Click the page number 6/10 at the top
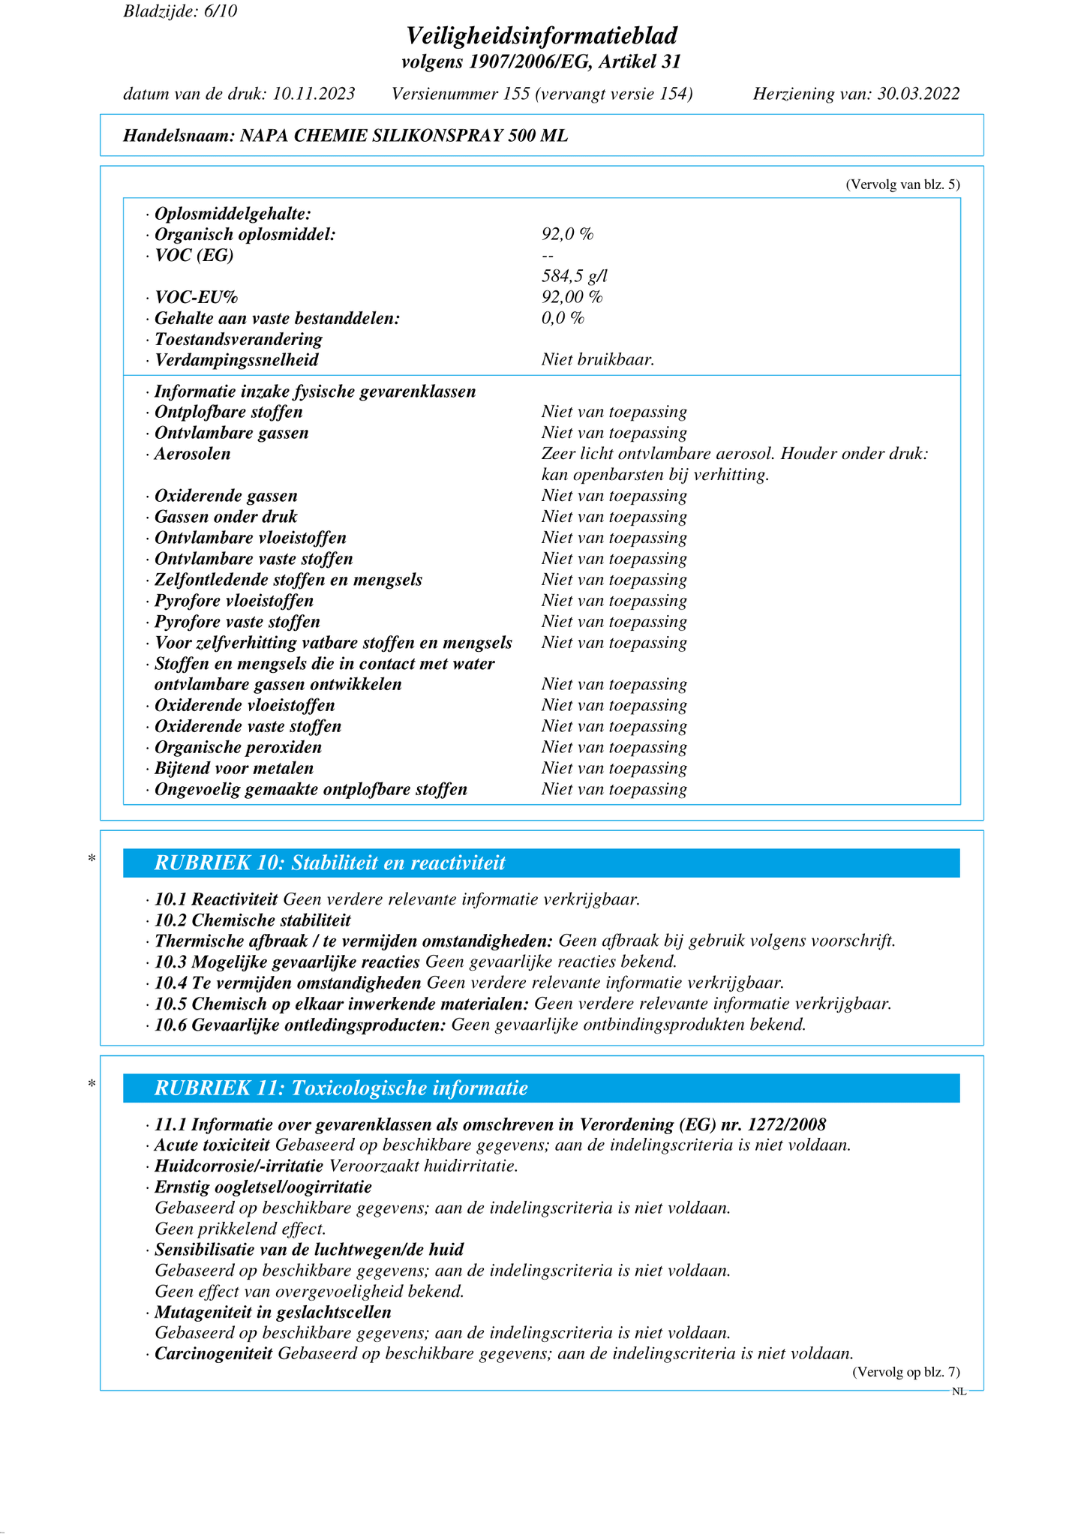pyautogui.click(x=221, y=12)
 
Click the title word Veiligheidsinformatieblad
pyautogui.click(x=542, y=35)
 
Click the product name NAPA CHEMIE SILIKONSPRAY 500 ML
pyautogui.click(x=404, y=136)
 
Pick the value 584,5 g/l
pyautogui.click(x=574, y=276)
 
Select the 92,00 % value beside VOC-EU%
pyautogui.click(x=572, y=297)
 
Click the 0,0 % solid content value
pyautogui.click(x=563, y=318)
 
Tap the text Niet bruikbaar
pyautogui.click(x=598, y=360)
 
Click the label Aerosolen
pyautogui.click(x=192, y=454)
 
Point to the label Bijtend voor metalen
pyautogui.click(x=234, y=768)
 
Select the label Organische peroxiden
pyautogui.click(x=238, y=747)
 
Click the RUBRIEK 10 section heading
pyautogui.click(x=330, y=863)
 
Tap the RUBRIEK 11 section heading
pyautogui.click(x=341, y=1088)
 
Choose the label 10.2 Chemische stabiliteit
pyautogui.click(x=252, y=920)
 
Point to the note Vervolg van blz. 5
pyautogui.click(x=902, y=185)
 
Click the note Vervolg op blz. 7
pyautogui.click(x=905, y=1372)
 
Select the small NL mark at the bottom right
pyautogui.click(x=959, y=1391)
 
